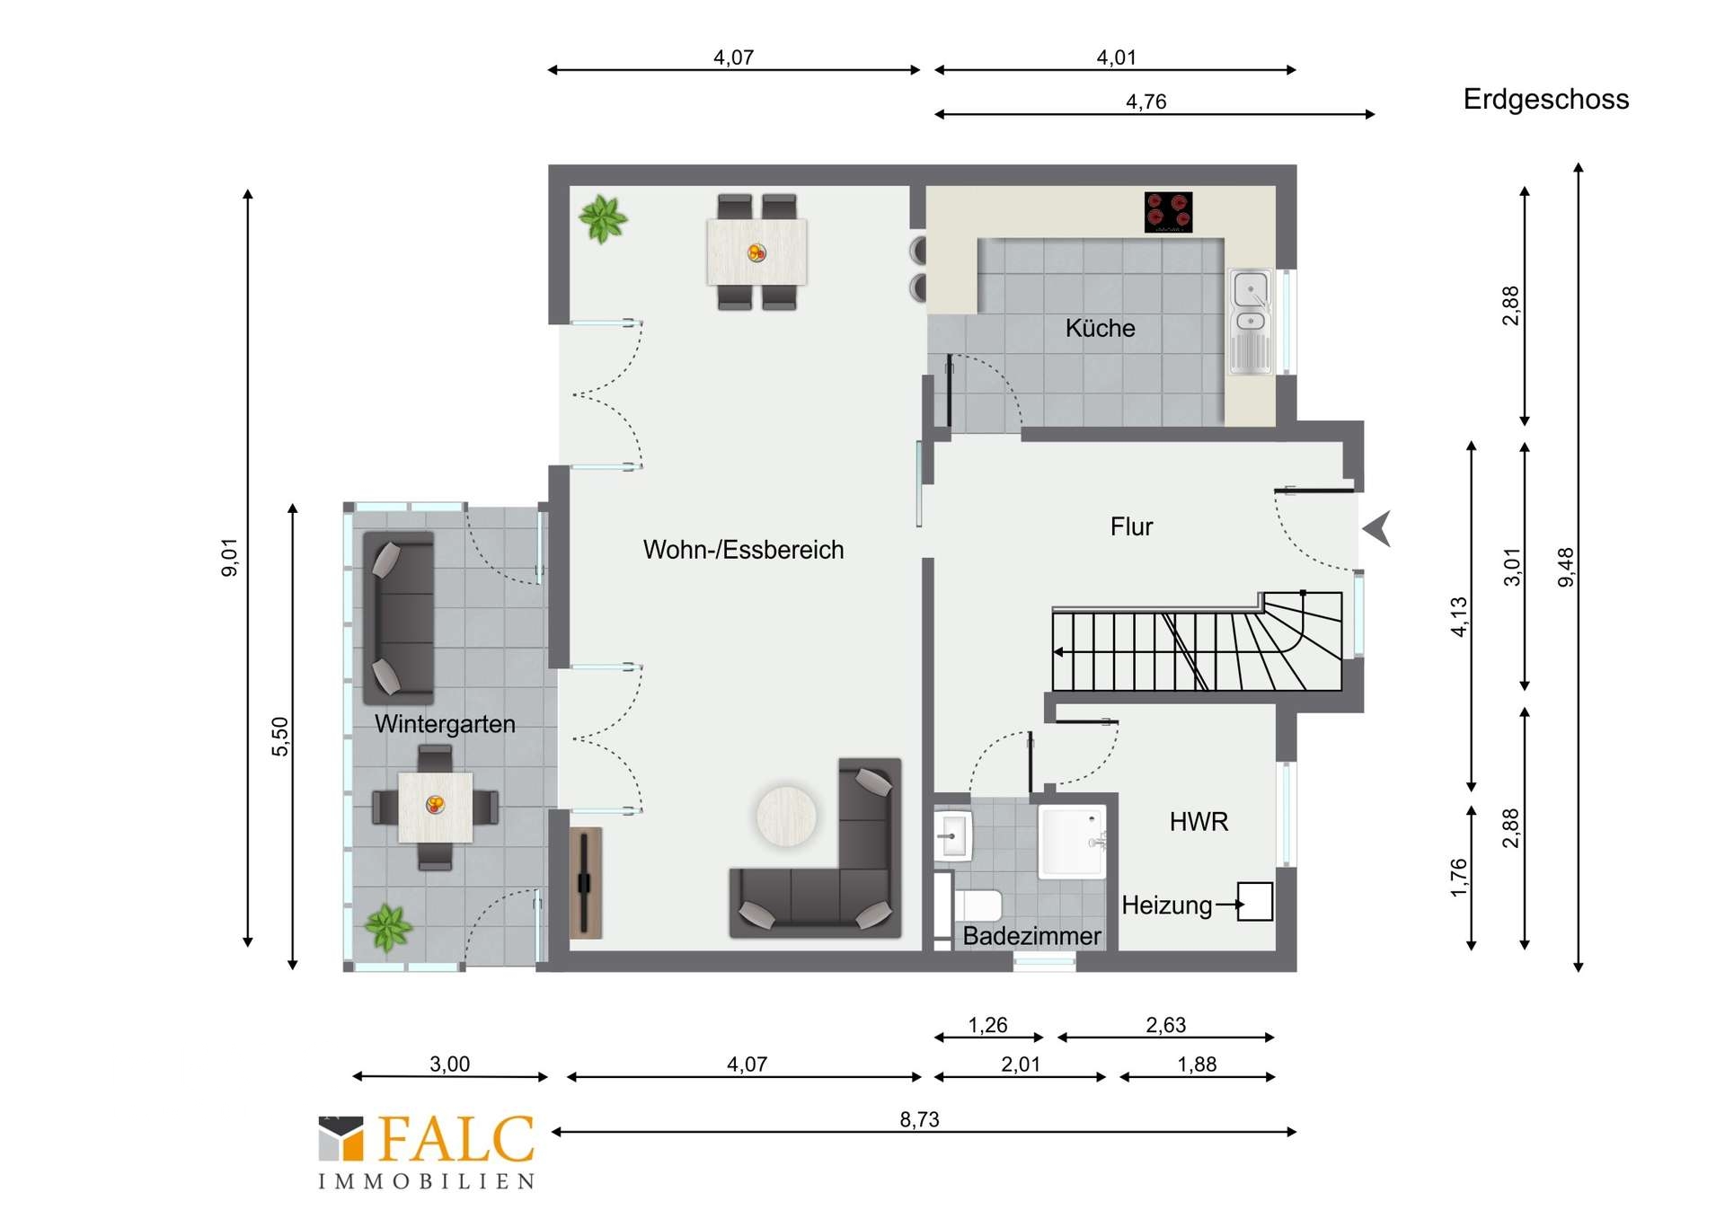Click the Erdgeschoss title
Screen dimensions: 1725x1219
click(1545, 100)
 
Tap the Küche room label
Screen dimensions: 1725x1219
click(1100, 328)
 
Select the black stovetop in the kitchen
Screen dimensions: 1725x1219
click(1168, 212)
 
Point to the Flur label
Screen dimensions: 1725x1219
click(1131, 526)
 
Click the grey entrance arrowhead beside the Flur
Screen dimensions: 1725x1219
click(1377, 528)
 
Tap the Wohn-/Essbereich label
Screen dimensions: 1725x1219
click(743, 550)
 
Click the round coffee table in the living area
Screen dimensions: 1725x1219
click(786, 817)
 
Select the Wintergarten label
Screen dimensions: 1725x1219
click(445, 724)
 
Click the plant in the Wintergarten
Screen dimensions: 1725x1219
click(388, 928)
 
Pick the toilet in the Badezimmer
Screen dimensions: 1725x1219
click(976, 905)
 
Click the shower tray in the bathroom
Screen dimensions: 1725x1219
click(1072, 841)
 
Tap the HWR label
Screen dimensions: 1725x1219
click(1199, 821)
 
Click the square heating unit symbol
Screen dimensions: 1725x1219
click(1255, 901)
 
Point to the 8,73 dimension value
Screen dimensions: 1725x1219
click(919, 1119)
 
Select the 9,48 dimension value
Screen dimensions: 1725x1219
click(1566, 568)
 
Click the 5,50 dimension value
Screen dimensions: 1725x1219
click(280, 737)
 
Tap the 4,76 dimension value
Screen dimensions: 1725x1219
click(1146, 102)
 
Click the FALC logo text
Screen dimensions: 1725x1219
click(456, 1139)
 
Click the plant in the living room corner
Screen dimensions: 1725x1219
click(603, 219)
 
